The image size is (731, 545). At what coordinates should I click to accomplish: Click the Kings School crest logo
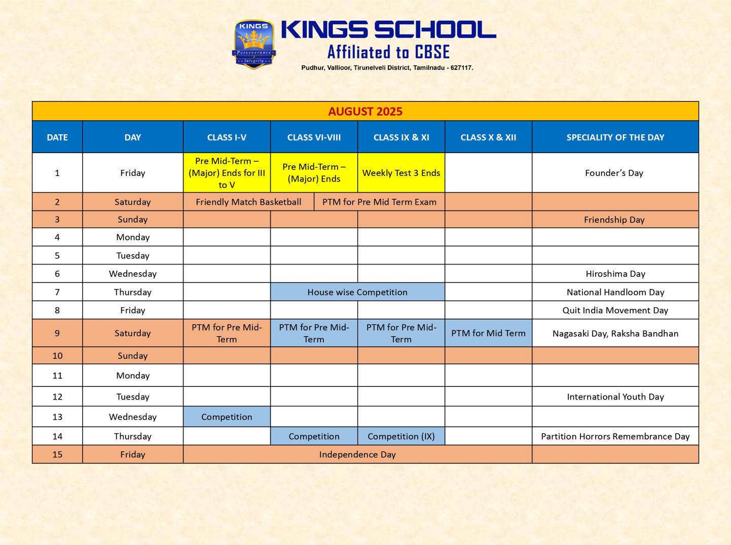[x=254, y=45]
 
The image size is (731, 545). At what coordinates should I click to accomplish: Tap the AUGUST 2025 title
[x=365, y=112]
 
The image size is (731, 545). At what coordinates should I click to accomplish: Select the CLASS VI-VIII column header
[x=314, y=137]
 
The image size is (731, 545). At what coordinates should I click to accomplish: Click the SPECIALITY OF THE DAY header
[x=615, y=137]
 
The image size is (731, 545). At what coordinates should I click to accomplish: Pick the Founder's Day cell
[x=614, y=173]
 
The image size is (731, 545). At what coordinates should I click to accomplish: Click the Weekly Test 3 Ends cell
[x=401, y=173]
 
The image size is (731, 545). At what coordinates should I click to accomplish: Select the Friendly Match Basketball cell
[x=248, y=202]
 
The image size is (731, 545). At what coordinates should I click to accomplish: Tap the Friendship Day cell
[x=614, y=220]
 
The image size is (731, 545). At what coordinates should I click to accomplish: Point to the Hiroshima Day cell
[x=615, y=274]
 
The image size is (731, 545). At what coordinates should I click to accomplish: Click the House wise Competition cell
[x=357, y=292]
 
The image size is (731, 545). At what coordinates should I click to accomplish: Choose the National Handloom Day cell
[x=615, y=292]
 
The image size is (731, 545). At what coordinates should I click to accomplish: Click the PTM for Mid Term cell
[x=488, y=333]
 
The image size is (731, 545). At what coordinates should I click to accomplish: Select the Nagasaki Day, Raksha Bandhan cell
[x=615, y=333]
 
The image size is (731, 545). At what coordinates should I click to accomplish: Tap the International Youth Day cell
[x=615, y=396]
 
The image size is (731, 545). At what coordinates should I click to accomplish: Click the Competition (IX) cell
[x=401, y=436]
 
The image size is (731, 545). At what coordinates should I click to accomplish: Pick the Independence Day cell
[x=357, y=454]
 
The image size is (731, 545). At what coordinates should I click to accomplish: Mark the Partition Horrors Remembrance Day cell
[x=615, y=436]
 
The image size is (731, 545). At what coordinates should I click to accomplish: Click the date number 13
[x=57, y=417]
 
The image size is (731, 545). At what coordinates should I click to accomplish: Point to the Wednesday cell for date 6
[x=133, y=274]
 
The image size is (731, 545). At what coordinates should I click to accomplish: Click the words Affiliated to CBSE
[x=388, y=52]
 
